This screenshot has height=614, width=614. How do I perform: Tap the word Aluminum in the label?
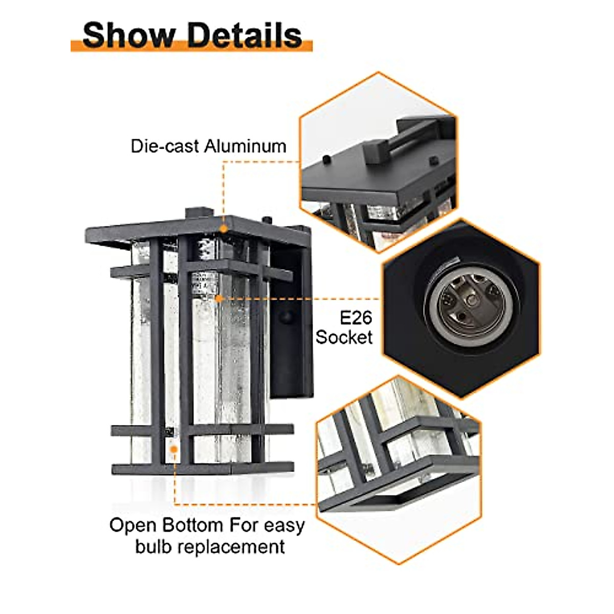pyautogui.click(x=245, y=146)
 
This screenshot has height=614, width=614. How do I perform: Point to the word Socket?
pyautogui.click(x=344, y=337)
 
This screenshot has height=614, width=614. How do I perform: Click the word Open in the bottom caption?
pyautogui.click(x=134, y=525)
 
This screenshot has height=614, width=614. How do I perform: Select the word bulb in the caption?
pyautogui.click(x=152, y=546)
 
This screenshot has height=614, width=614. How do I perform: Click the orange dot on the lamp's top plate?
pyautogui.click(x=223, y=228)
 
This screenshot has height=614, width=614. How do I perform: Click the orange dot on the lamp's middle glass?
pyautogui.click(x=218, y=298)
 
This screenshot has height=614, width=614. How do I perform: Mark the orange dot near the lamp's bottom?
pyautogui.click(x=174, y=449)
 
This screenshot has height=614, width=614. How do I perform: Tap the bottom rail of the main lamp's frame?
pyautogui.click(x=203, y=468)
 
